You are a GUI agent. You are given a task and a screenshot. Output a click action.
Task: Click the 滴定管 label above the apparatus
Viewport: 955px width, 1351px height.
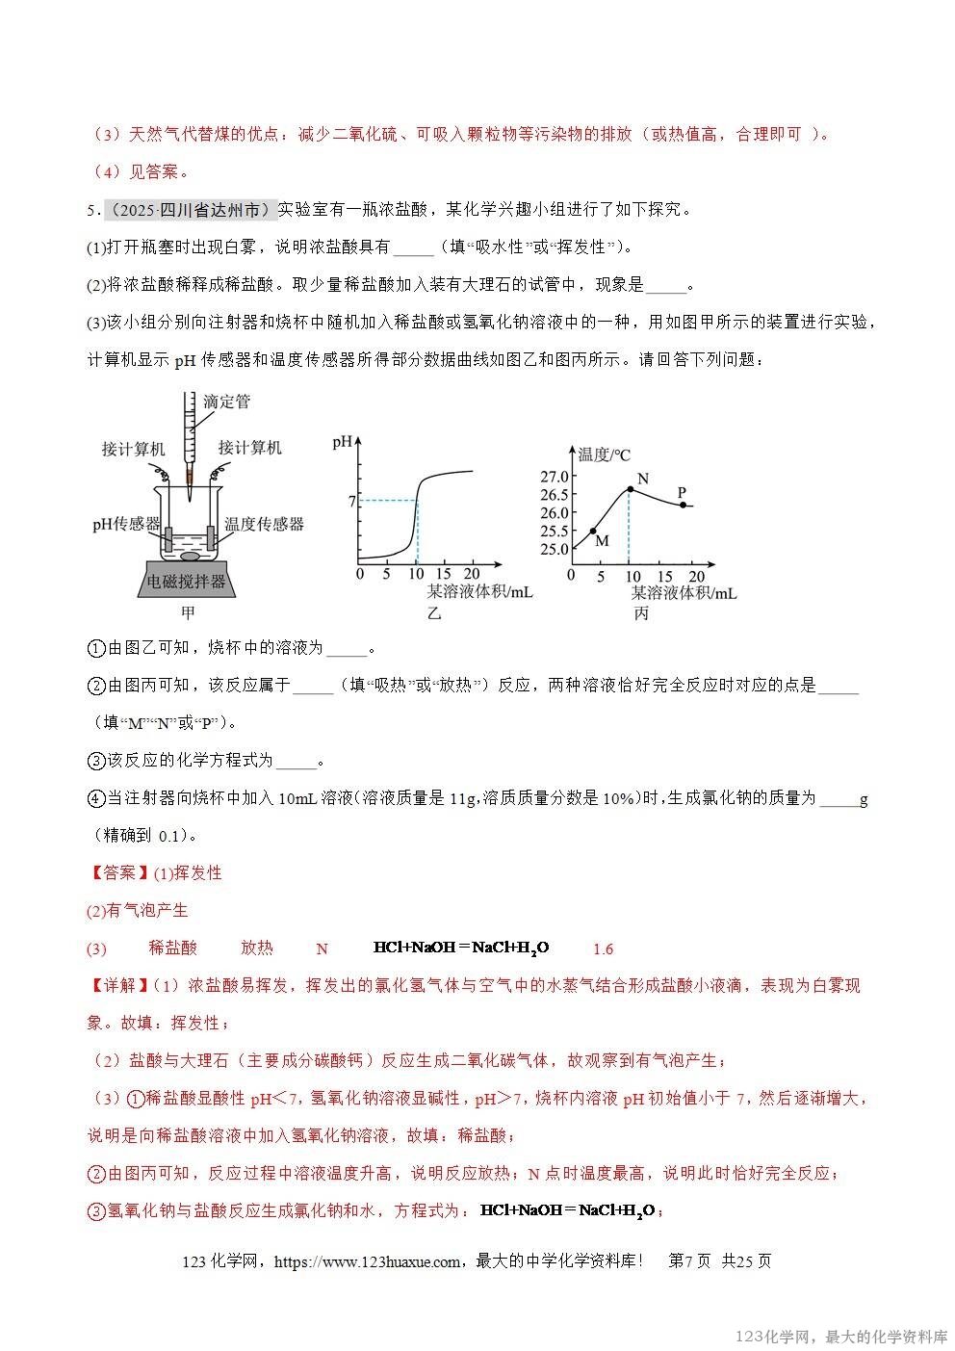click(x=226, y=403)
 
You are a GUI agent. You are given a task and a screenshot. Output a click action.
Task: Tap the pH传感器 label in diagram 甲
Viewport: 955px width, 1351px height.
click(x=126, y=524)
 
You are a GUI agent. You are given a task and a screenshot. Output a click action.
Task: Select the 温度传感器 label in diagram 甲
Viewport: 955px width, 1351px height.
click(x=264, y=524)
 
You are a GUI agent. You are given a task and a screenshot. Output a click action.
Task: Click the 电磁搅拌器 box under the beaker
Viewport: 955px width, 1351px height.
click(x=187, y=581)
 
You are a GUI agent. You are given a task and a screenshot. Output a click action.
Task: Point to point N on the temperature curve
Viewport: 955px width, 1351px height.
click(x=630, y=489)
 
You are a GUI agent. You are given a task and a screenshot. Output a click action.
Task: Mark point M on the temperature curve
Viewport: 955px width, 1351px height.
click(x=593, y=531)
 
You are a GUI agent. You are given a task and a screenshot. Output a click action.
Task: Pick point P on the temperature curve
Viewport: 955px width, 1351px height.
click(x=683, y=505)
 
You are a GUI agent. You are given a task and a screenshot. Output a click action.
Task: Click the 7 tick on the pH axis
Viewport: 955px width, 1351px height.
click(x=352, y=501)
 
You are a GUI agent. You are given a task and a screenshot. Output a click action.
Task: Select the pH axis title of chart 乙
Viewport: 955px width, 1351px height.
click(x=342, y=443)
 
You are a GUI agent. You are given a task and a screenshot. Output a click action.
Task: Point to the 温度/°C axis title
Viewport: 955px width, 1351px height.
click(x=604, y=455)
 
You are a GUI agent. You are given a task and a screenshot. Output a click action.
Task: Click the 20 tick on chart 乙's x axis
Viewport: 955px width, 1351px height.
click(x=473, y=574)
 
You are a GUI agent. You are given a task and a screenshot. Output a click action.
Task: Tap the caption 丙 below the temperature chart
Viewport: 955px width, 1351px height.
click(x=641, y=613)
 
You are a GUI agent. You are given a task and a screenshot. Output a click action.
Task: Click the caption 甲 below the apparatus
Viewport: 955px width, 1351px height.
click(x=189, y=612)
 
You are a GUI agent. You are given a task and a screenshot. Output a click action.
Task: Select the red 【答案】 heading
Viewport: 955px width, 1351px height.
click(x=118, y=872)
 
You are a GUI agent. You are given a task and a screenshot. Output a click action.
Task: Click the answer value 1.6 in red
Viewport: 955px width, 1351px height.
click(x=603, y=949)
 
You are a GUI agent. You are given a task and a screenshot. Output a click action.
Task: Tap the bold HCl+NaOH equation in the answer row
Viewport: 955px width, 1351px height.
click(x=460, y=948)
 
